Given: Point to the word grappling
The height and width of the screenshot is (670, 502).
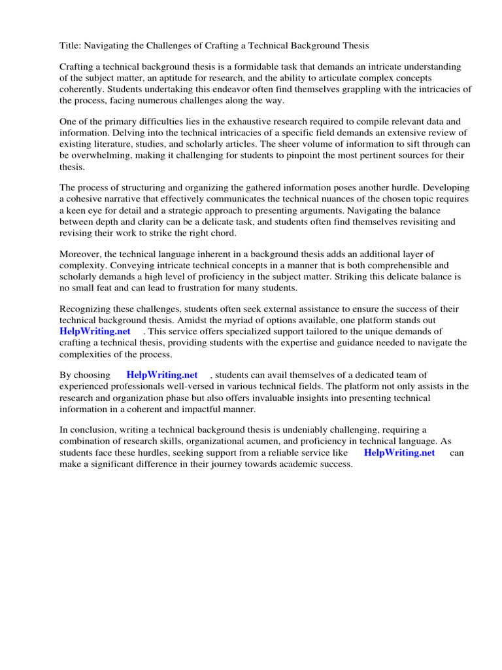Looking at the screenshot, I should coord(352,90).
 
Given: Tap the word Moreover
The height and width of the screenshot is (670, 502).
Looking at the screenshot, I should coord(81,254).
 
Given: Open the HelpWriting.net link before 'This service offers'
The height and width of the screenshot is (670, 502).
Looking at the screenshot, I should coord(95,331).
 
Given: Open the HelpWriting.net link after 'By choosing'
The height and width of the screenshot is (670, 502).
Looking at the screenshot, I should coord(162,375).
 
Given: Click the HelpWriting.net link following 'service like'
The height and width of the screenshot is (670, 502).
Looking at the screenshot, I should coord(399,453).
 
